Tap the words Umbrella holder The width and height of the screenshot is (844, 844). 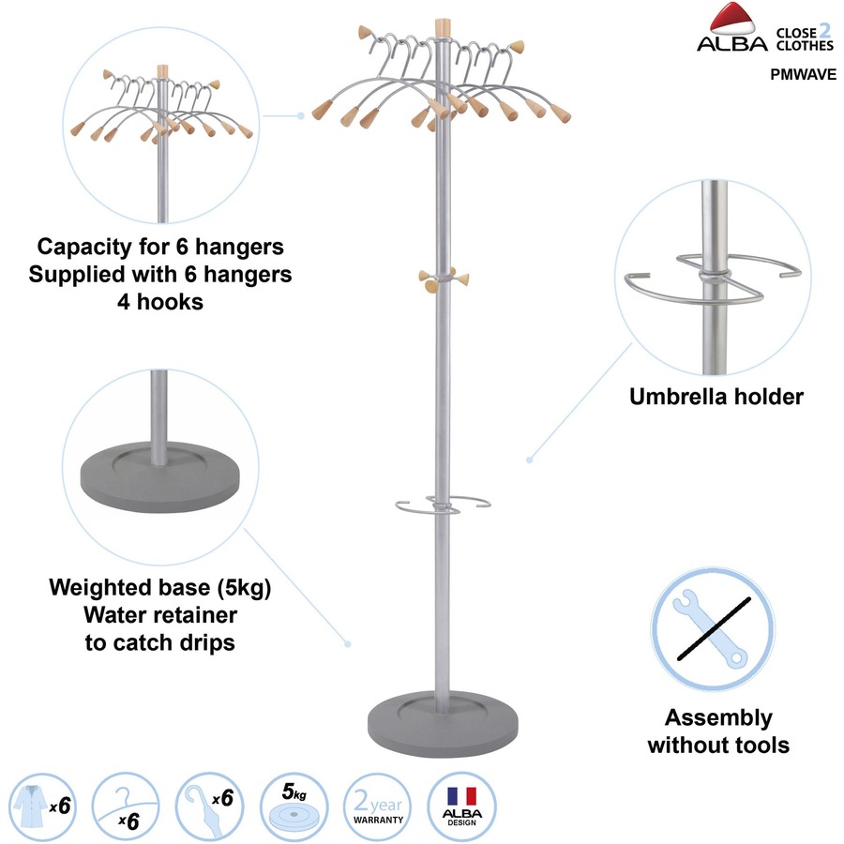(716, 397)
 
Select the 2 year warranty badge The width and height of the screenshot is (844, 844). (378, 805)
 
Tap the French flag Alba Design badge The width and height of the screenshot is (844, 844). (462, 805)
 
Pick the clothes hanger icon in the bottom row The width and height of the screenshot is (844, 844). (127, 805)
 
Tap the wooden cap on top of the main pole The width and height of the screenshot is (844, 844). (440, 25)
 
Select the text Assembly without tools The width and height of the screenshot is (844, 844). (718, 731)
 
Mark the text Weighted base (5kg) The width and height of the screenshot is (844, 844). (159, 590)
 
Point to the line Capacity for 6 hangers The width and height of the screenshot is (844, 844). (160, 248)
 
